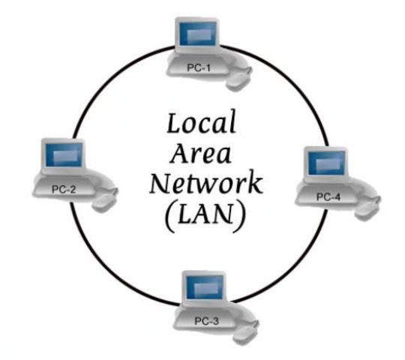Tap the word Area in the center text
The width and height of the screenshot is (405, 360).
(202, 154)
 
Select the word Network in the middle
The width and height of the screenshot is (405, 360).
(206, 184)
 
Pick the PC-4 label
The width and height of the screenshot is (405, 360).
(328, 197)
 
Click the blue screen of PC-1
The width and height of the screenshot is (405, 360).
(196, 34)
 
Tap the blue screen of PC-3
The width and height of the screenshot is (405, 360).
(205, 288)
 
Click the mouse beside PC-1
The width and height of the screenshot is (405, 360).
(239, 74)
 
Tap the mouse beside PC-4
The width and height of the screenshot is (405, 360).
(367, 209)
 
